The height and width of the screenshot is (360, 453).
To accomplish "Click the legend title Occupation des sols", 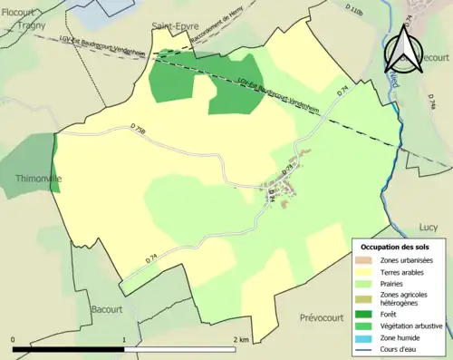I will (395, 247).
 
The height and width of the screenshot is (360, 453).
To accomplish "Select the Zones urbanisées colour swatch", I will (365, 261).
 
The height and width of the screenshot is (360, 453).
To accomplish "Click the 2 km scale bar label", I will (241, 339).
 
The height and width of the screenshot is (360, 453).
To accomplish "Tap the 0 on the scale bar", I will (13, 339).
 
